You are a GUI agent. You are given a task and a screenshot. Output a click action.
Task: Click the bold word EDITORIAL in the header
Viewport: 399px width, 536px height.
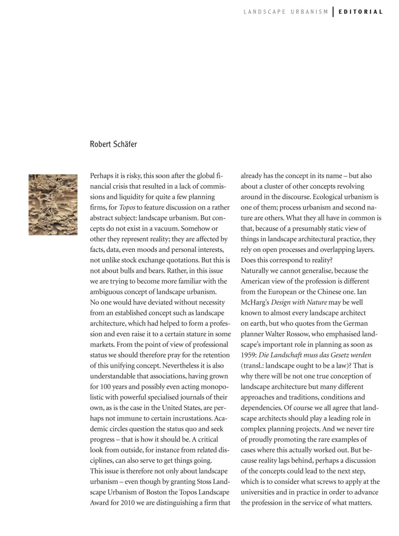pyautogui.click(x=361, y=12)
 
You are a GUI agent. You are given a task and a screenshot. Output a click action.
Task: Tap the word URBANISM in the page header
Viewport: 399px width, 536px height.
pyautogui.click(x=309, y=12)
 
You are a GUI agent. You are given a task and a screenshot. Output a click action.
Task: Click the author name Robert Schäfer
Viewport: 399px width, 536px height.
pyautogui.click(x=113, y=144)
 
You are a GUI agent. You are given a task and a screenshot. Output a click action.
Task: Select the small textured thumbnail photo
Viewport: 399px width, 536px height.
pyautogui.click(x=53, y=204)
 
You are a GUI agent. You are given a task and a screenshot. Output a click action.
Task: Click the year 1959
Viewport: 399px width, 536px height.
pyautogui.click(x=249, y=355)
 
